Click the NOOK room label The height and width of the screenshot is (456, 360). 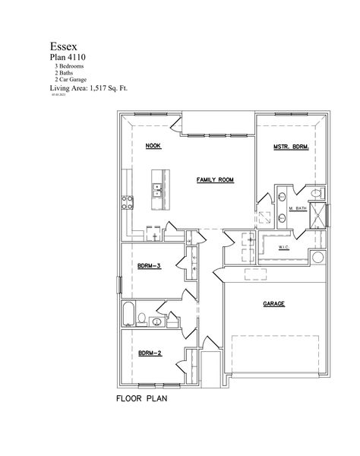coord(153,145)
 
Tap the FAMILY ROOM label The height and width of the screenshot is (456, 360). coord(215,180)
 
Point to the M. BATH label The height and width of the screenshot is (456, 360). coord(297,207)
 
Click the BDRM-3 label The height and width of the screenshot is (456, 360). coord(149,265)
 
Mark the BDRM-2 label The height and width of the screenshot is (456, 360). coord(149,353)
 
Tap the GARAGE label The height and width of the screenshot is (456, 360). coord(273,302)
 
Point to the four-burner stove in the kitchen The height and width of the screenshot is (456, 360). coord(128,202)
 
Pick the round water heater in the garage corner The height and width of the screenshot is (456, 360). coord(317,258)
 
